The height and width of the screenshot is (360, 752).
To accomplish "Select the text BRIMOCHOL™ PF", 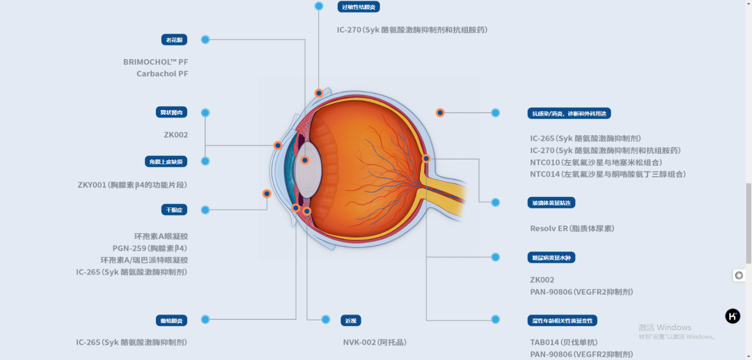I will click(x=155, y=61).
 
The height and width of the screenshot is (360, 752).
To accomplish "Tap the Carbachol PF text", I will click(x=162, y=73).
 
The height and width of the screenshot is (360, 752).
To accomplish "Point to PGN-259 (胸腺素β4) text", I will click(x=150, y=248).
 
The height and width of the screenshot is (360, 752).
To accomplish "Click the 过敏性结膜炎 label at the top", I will click(x=359, y=7).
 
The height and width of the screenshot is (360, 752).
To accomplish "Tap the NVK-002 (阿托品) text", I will click(x=374, y=342).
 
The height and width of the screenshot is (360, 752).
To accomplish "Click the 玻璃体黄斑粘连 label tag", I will click(x=551, y=203).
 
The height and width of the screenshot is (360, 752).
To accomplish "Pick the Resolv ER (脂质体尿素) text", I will click(x=572, y=228).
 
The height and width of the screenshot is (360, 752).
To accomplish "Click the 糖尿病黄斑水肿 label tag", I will click(x=551, y=258).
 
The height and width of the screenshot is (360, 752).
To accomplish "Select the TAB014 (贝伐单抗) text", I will click(x=563, y=342).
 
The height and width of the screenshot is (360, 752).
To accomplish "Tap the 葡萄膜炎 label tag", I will click(x=171, y=320).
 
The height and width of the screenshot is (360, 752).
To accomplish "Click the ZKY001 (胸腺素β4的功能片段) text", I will click(x=132, y=185).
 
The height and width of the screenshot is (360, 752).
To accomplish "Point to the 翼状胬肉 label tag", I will click(x=171, y=112).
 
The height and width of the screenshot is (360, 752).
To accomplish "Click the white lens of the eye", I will click(x=312, y=169).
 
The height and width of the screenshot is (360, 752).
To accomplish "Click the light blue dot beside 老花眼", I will click(x=205, y=40).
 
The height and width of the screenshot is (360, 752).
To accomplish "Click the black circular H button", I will click(x=733, y=316).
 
